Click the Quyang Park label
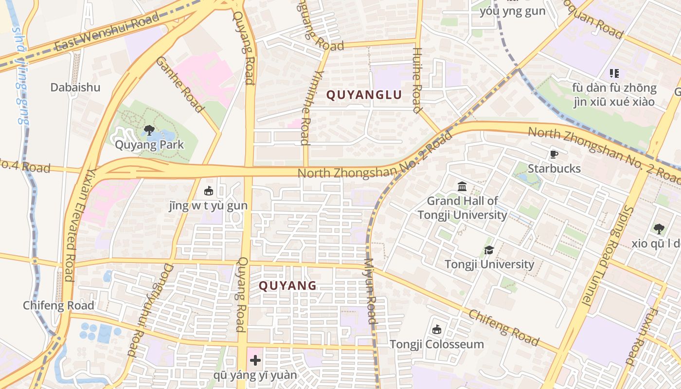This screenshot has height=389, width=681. click(149, 144)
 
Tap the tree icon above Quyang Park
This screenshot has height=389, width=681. click(149, 130)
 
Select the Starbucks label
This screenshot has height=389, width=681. click(554, 168)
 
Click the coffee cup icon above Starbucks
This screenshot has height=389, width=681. click(554, 155)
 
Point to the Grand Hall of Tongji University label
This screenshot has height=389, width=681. click(462, 208)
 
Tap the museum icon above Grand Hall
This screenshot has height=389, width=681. click(462, 186)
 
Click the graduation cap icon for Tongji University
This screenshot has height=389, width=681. click(489, 250)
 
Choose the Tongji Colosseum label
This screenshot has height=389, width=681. click(437, 344)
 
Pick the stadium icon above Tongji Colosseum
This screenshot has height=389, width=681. click(437, 330)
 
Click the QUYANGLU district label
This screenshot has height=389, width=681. click(364, 95)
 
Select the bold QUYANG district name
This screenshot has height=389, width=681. click(287, 285)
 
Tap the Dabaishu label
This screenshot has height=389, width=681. click(75, 88)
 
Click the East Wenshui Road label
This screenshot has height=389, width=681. click(107, 32)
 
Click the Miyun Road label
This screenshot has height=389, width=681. click(370, 291)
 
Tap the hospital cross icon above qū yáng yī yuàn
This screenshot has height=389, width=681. click(255, 360)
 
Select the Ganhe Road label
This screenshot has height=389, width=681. click(179, 84)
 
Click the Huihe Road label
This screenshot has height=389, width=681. click(417, 80)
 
